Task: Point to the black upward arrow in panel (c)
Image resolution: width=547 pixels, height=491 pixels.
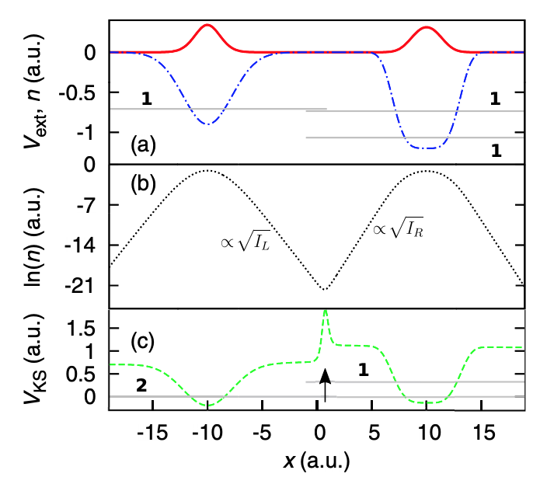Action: click(x=326, y=384)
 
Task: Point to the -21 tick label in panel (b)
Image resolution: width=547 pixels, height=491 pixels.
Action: click(x=83, y=286)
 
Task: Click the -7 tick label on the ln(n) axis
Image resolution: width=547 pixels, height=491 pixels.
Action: click(x=88, y=206)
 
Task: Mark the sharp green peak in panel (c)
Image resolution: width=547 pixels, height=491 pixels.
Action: click(x=326, y=313)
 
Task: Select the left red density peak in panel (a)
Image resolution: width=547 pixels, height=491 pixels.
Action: click(x=207, y=26)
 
